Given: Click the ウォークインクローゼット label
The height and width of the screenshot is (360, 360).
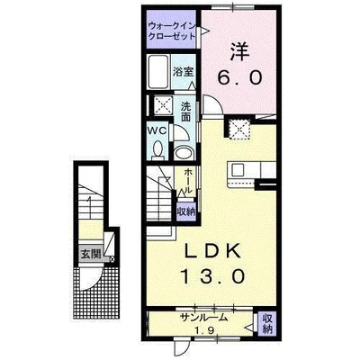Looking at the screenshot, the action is click(x=172, y=31).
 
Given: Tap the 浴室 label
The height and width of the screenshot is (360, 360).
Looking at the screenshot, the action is click(x=184, y=72).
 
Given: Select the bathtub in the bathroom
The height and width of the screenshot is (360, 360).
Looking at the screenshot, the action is click(x=158, y=72).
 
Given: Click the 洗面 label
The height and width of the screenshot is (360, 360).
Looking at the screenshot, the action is click(x=186, y=112).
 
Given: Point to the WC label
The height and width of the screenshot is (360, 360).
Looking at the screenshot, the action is click(x=157, y=131).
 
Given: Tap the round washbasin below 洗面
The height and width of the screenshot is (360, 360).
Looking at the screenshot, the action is click(x=184, y=154).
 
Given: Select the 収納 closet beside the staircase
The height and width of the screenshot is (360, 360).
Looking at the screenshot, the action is click(x=186, y=211).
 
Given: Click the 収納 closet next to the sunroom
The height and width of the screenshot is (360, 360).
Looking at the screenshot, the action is click(x=267, y=323).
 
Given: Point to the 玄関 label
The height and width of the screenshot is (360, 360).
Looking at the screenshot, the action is click(x=91, y=255).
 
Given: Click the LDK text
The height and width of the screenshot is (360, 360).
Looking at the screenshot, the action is click(x=212, y=251).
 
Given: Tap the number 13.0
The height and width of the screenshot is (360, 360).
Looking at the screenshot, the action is click(x=211, y=276).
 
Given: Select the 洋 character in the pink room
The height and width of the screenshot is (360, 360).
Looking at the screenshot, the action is click(x=239, y=51).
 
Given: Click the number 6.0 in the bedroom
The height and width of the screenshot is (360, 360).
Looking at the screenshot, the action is click(x=239, y=77).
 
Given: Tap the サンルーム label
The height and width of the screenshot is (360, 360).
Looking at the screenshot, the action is click(x=203, y=319).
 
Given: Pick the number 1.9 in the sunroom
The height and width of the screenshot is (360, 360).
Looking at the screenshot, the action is click(x=204, y=330).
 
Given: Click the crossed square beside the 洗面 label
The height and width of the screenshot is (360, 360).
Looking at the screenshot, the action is click(x=163, y=104).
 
